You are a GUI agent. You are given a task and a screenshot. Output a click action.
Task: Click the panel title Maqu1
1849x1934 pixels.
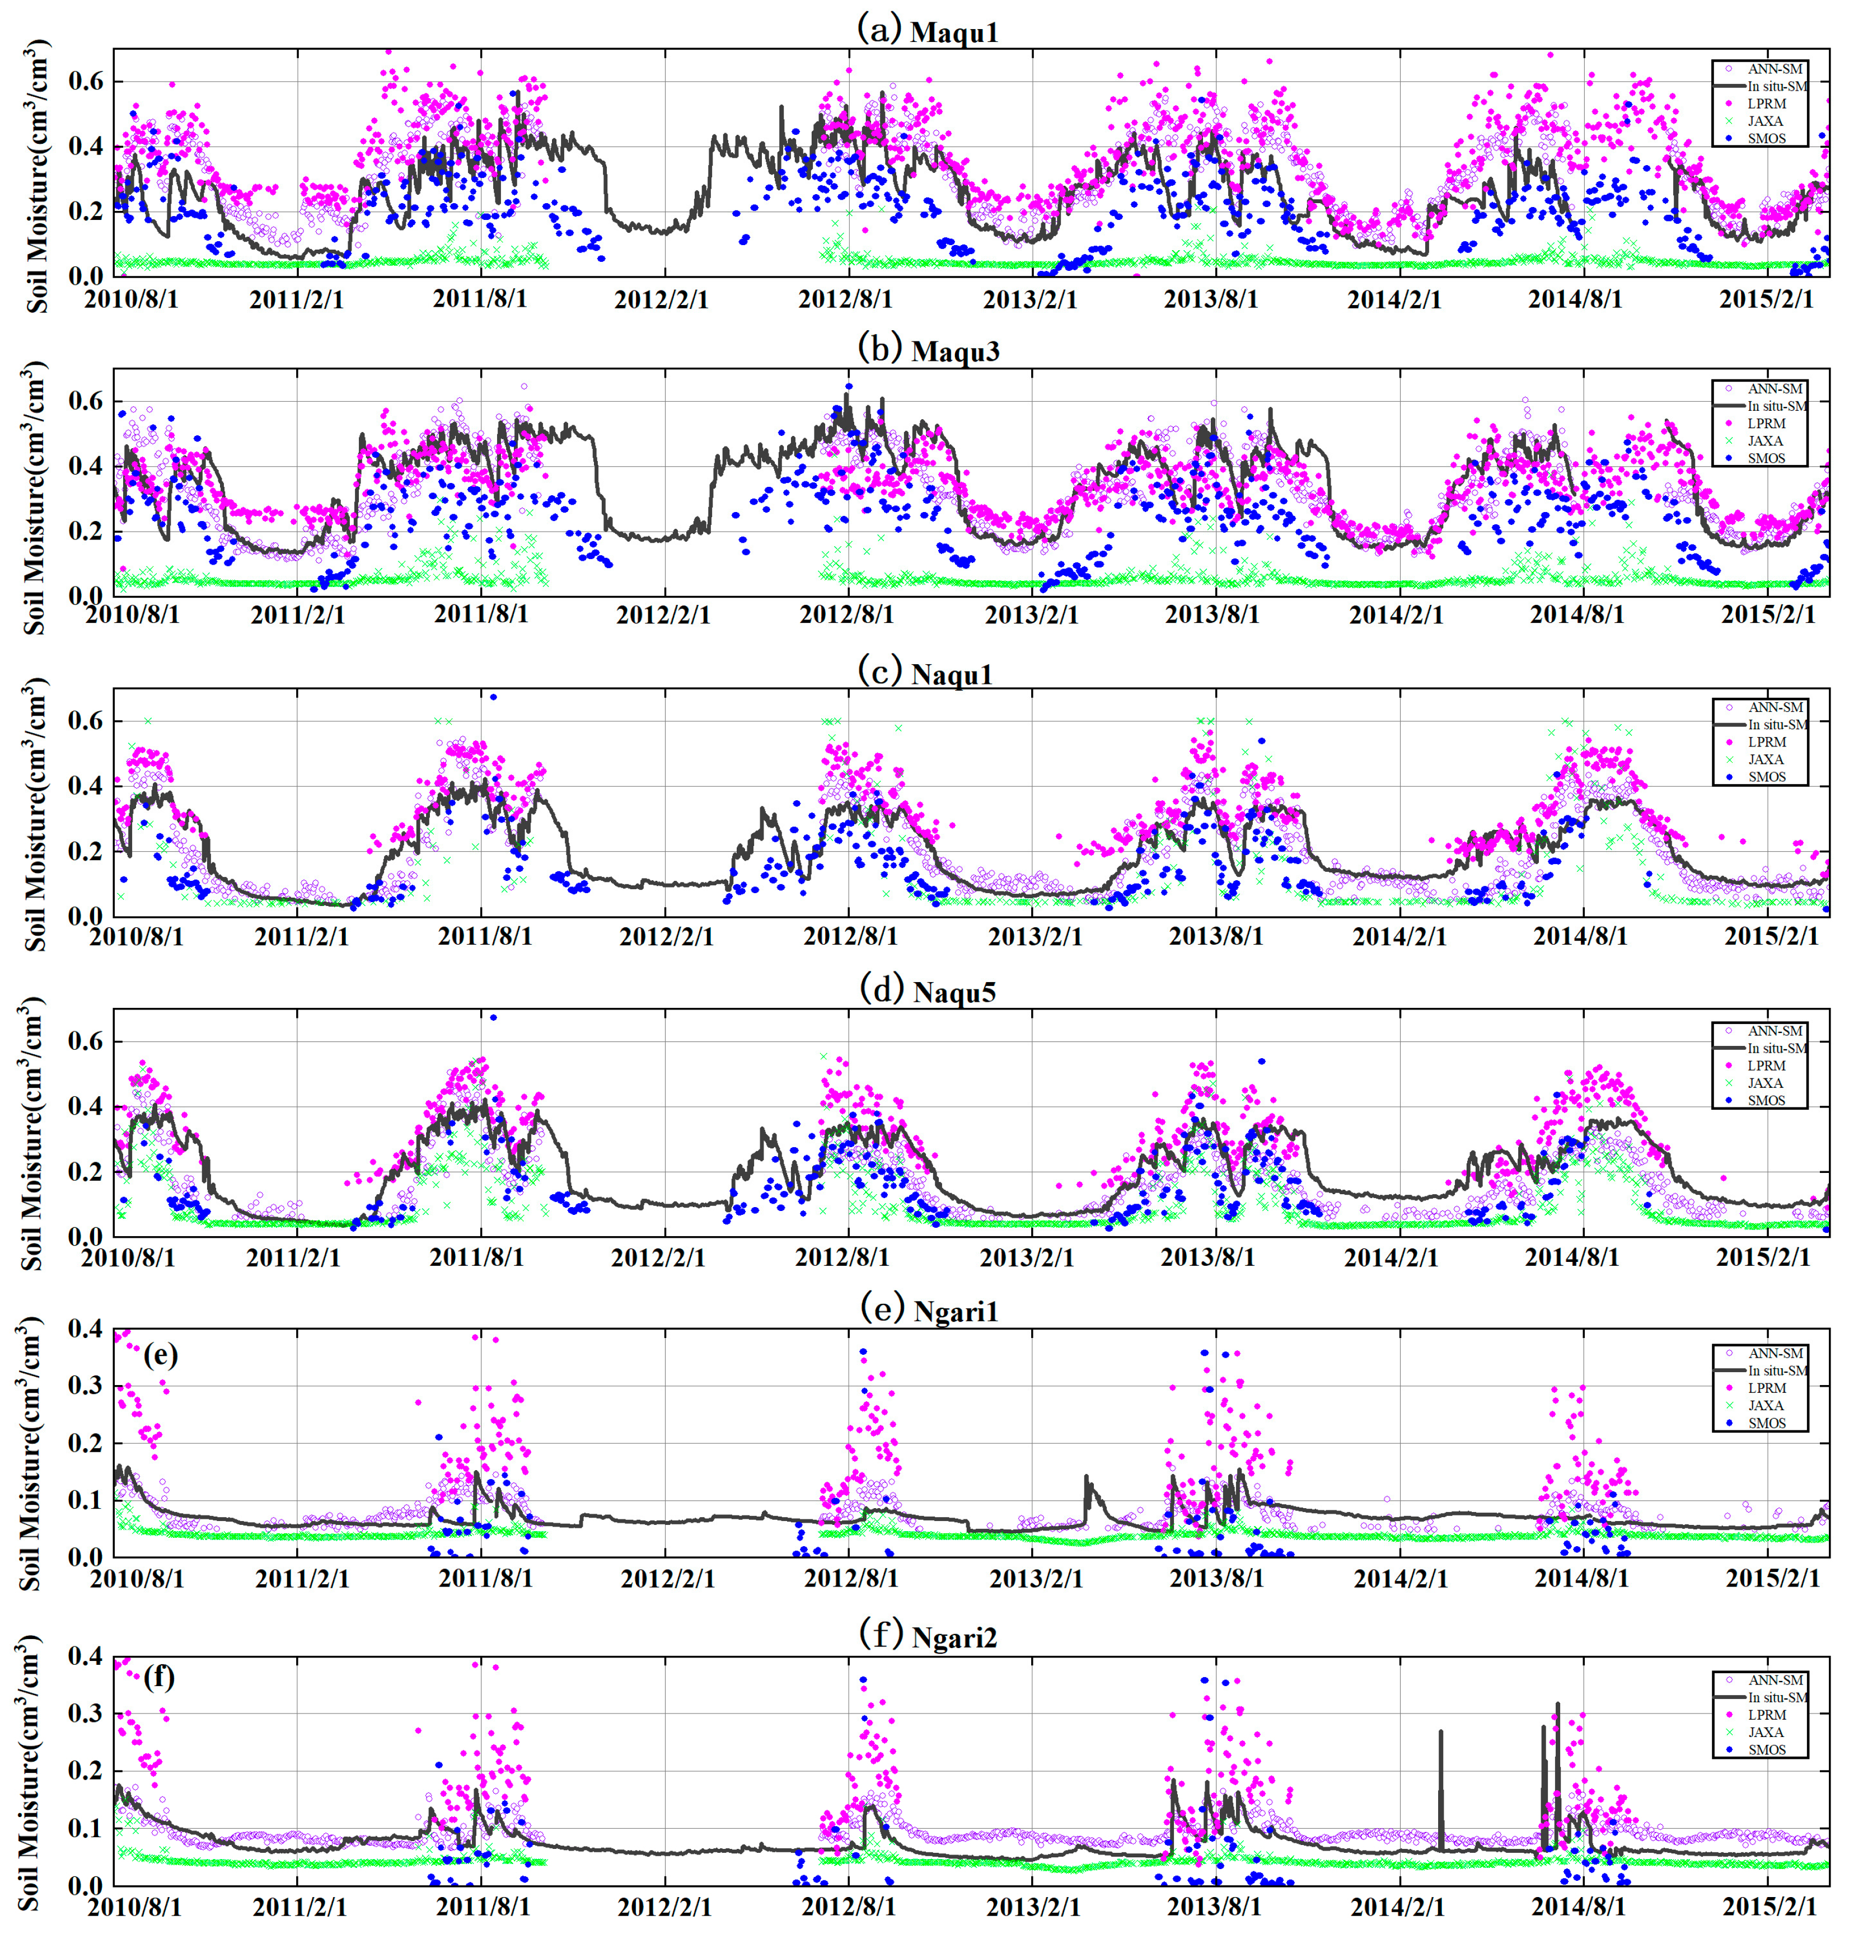953,32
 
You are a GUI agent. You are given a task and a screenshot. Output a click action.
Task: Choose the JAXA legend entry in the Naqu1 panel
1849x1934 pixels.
1765,759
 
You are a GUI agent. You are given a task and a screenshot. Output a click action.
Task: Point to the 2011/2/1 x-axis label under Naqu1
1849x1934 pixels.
301,936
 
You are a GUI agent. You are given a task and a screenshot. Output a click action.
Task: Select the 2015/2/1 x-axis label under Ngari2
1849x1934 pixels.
1768,1907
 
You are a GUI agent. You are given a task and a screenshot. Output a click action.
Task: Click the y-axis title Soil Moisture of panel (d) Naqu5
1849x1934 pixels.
32,1133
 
